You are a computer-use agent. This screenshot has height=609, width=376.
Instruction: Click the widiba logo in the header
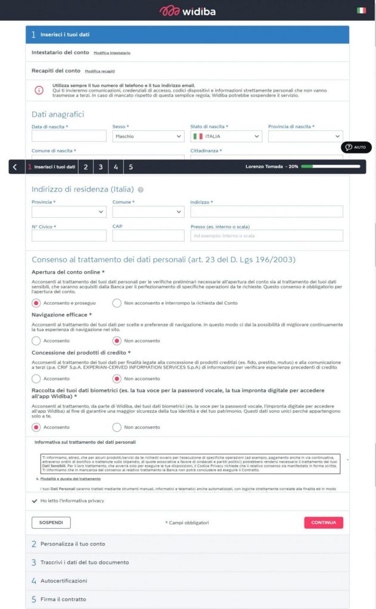point(187,11)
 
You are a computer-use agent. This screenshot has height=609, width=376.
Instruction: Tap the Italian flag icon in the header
point(361,11)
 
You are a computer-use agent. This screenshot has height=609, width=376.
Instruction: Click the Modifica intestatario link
point(112,54)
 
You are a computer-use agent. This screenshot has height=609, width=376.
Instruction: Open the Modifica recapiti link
point(100,71)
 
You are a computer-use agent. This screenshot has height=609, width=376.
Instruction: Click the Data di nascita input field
point(69,136)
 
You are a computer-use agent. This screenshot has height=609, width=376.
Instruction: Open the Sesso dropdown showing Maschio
point(148,136)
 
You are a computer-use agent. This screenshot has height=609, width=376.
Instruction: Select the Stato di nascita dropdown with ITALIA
point(226,136)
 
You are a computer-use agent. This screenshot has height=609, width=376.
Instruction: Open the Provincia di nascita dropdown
point(305,136)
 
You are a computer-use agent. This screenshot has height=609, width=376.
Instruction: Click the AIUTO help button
point(356,147)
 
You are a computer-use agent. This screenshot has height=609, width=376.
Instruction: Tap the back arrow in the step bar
point(15,167)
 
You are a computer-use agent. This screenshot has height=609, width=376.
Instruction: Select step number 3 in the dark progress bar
point(101,167)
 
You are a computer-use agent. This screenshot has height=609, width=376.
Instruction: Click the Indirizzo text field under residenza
point(266,212)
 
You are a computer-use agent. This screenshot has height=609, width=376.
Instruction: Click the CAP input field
point(148,236)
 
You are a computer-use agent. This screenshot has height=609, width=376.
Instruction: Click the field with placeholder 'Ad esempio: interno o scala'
point(266,236)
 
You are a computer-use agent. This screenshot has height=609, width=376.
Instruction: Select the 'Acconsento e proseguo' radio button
point(36,303)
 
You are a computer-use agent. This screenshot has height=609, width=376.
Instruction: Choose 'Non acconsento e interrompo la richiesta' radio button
point(117,303)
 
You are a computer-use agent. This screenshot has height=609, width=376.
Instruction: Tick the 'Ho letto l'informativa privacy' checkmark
point(35,501)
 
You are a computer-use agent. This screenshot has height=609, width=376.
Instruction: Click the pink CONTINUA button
point(324,523)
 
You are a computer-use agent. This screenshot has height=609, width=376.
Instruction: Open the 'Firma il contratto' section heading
point(63,599)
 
